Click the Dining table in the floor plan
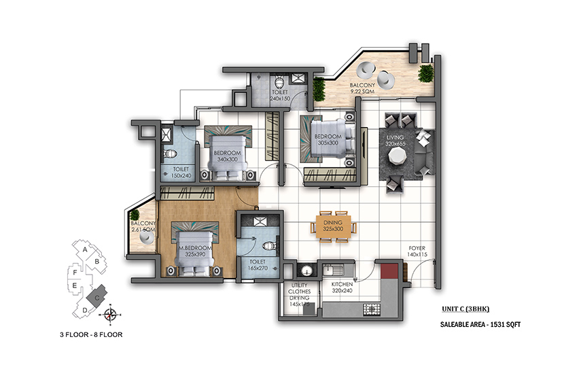pos(333,226)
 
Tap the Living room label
pos(395,137)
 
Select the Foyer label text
pos(417,248)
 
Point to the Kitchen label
pos(342,284)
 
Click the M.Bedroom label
pos(195,248)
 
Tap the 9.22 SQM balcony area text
pos(362,91)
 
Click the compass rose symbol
pos(111,315)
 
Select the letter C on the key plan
pos(97,298)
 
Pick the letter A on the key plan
pos(85,249)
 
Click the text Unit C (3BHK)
pos(465,309)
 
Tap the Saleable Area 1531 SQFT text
pos(480,324)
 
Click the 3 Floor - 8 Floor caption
pos(91,334)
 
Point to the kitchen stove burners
pos(372,309)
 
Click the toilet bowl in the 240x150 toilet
pos(279,82)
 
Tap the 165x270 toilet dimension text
pos(258,268)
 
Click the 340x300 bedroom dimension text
pos(228,159)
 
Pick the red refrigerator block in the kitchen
pos(389,271)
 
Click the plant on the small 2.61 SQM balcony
pos(135,215)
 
